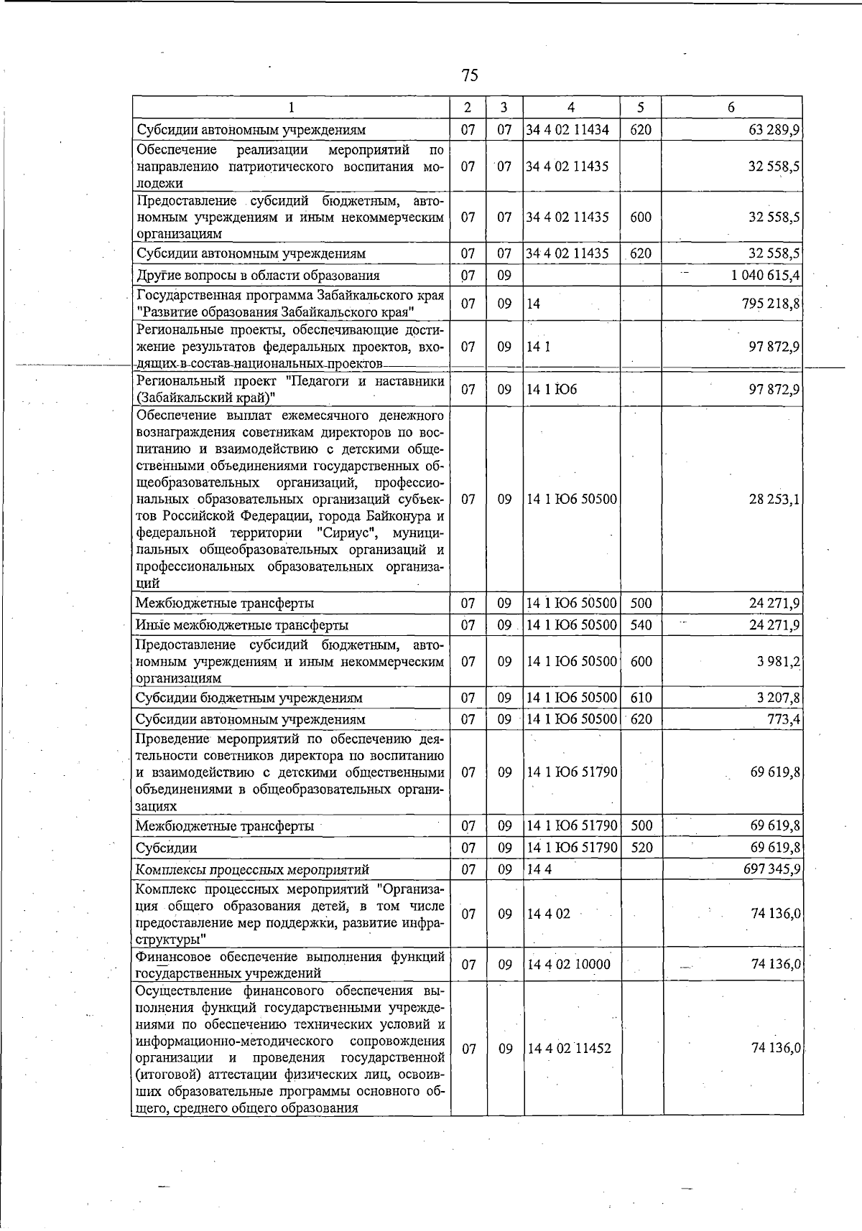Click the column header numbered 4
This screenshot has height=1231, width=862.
571,108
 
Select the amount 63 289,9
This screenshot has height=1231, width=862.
774,130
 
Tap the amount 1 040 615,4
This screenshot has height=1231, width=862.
765,275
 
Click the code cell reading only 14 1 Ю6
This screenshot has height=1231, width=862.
552,390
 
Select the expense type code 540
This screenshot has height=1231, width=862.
641,624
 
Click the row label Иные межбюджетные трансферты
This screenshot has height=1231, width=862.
242,624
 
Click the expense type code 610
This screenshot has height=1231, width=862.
641,698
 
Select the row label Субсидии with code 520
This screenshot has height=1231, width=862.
166,848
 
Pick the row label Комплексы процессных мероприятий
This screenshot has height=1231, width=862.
252,869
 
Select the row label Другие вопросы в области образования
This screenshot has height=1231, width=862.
258,275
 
